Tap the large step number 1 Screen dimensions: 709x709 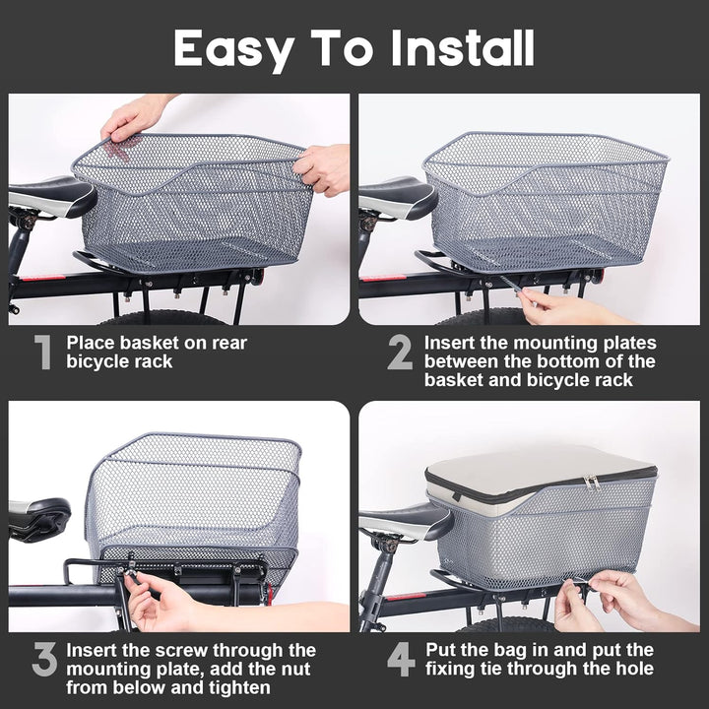pyautogui.click(x=42, y=353)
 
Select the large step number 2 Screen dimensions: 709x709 pyautogui.click(x=400, y=353)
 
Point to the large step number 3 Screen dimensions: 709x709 pyautogui.click(x=44, y=661)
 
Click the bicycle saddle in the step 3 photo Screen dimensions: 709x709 pyautogui.click(x=37, y=516)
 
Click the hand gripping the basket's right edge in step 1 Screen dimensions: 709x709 pyautogui.click(x=325, y=167)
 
